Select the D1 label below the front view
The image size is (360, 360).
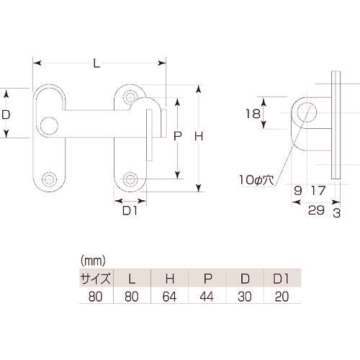[130, 210]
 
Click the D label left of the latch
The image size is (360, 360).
[6, 114]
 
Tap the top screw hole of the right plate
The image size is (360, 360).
[130, 96]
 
